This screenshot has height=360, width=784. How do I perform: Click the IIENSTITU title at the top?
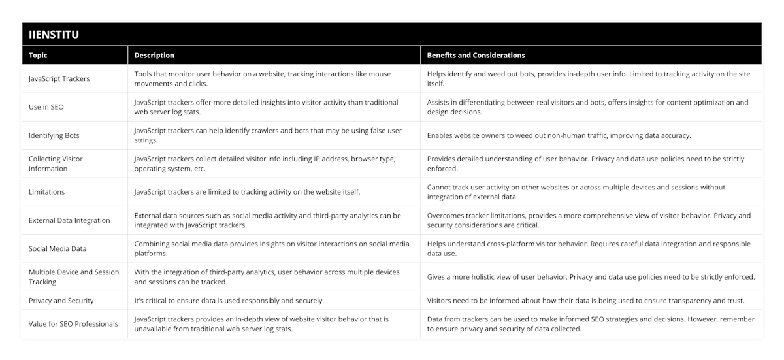(x=54, y=35)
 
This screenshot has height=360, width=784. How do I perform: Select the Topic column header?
(x=38, y=56)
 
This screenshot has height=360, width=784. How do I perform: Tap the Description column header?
(x=154, y=56)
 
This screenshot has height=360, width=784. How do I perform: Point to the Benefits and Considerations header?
(x=476, y=56)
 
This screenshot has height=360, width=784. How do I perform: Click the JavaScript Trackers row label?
(x=59, y=78)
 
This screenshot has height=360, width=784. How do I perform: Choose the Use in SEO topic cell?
(x=46, y=107)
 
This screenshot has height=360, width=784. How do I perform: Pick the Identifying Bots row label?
(x=54, y=135)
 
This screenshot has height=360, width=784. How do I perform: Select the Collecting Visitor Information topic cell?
(x=57, y=163)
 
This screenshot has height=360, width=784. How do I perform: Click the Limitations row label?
(x=48, y=192)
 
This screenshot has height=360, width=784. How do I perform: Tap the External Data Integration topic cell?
(x=69, y=220)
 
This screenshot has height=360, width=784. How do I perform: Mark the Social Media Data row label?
(x=57, y=248)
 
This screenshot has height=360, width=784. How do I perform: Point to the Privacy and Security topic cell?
(x=61, y=301)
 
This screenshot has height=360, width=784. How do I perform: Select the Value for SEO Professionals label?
(x=73, y=324)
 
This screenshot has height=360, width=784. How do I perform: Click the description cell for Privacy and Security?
(x=229, y=301)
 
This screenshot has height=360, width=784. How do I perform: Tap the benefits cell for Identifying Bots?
(x=559, y=135)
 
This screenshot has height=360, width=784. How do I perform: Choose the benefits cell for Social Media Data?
(x=588, y=248)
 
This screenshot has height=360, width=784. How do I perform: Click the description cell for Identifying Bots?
(x=268, y=135)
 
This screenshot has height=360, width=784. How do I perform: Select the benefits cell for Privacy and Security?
(x=585, y=301)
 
